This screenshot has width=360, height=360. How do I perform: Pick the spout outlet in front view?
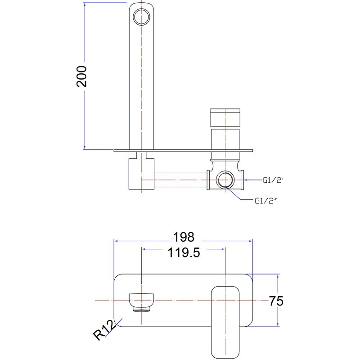(x=141, y=301)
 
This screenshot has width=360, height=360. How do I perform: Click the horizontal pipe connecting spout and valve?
(x=180, y=180)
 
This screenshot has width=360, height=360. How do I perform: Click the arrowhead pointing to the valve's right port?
(x=249, y=180)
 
